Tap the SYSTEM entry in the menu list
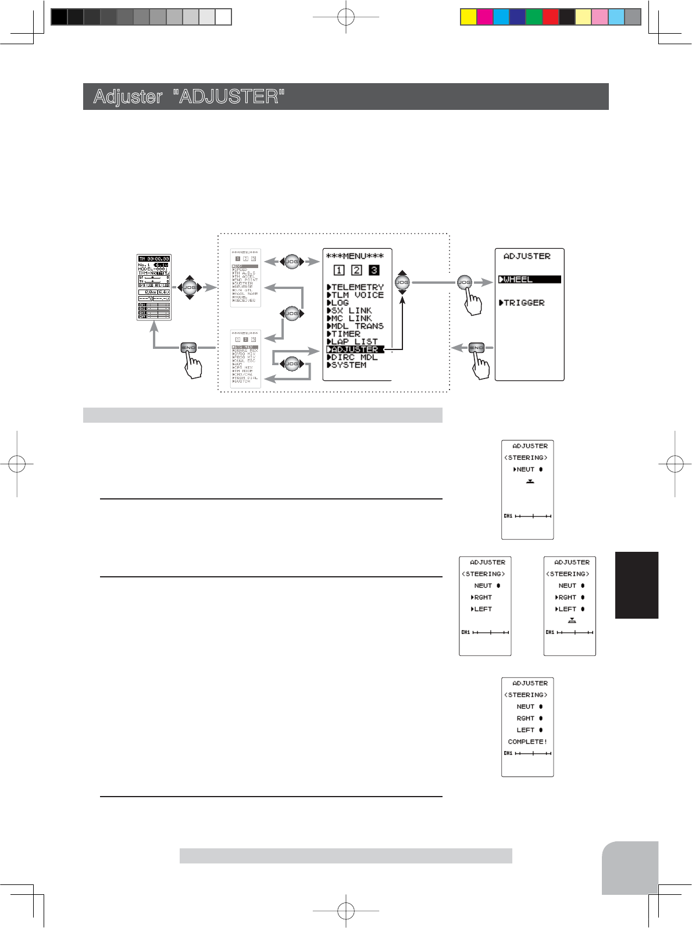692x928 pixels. pyautogui.click(x=348, y=365)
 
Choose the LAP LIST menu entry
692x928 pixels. pyautogui.click(x=354, y=342)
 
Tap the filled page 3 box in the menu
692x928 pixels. pyautogui.click(x=374, y=270)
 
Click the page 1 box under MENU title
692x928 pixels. pyautogui.click(x=340, y=270)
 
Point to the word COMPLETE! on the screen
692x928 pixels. pyautogui.click(x=527, y=742)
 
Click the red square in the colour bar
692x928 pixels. pyautogui.click(x=550, y=17)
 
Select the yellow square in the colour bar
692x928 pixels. pyautogui.click(x=468, y=17)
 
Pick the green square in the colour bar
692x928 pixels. pyautogui.click(x=534, y=17)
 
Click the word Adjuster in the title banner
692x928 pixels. pyautogui.click(x=128, y=97)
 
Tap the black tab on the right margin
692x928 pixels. pyautogui.click(x=637, y=585)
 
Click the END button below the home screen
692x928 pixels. pyautogui.click(x=188, y=348)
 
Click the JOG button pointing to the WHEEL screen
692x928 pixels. pyautogui.click(x=464, y=283)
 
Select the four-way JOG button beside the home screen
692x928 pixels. pyautogui.click(x=190, y=287)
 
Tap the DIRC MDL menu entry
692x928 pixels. pyautogui.click(x=354, y=358)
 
